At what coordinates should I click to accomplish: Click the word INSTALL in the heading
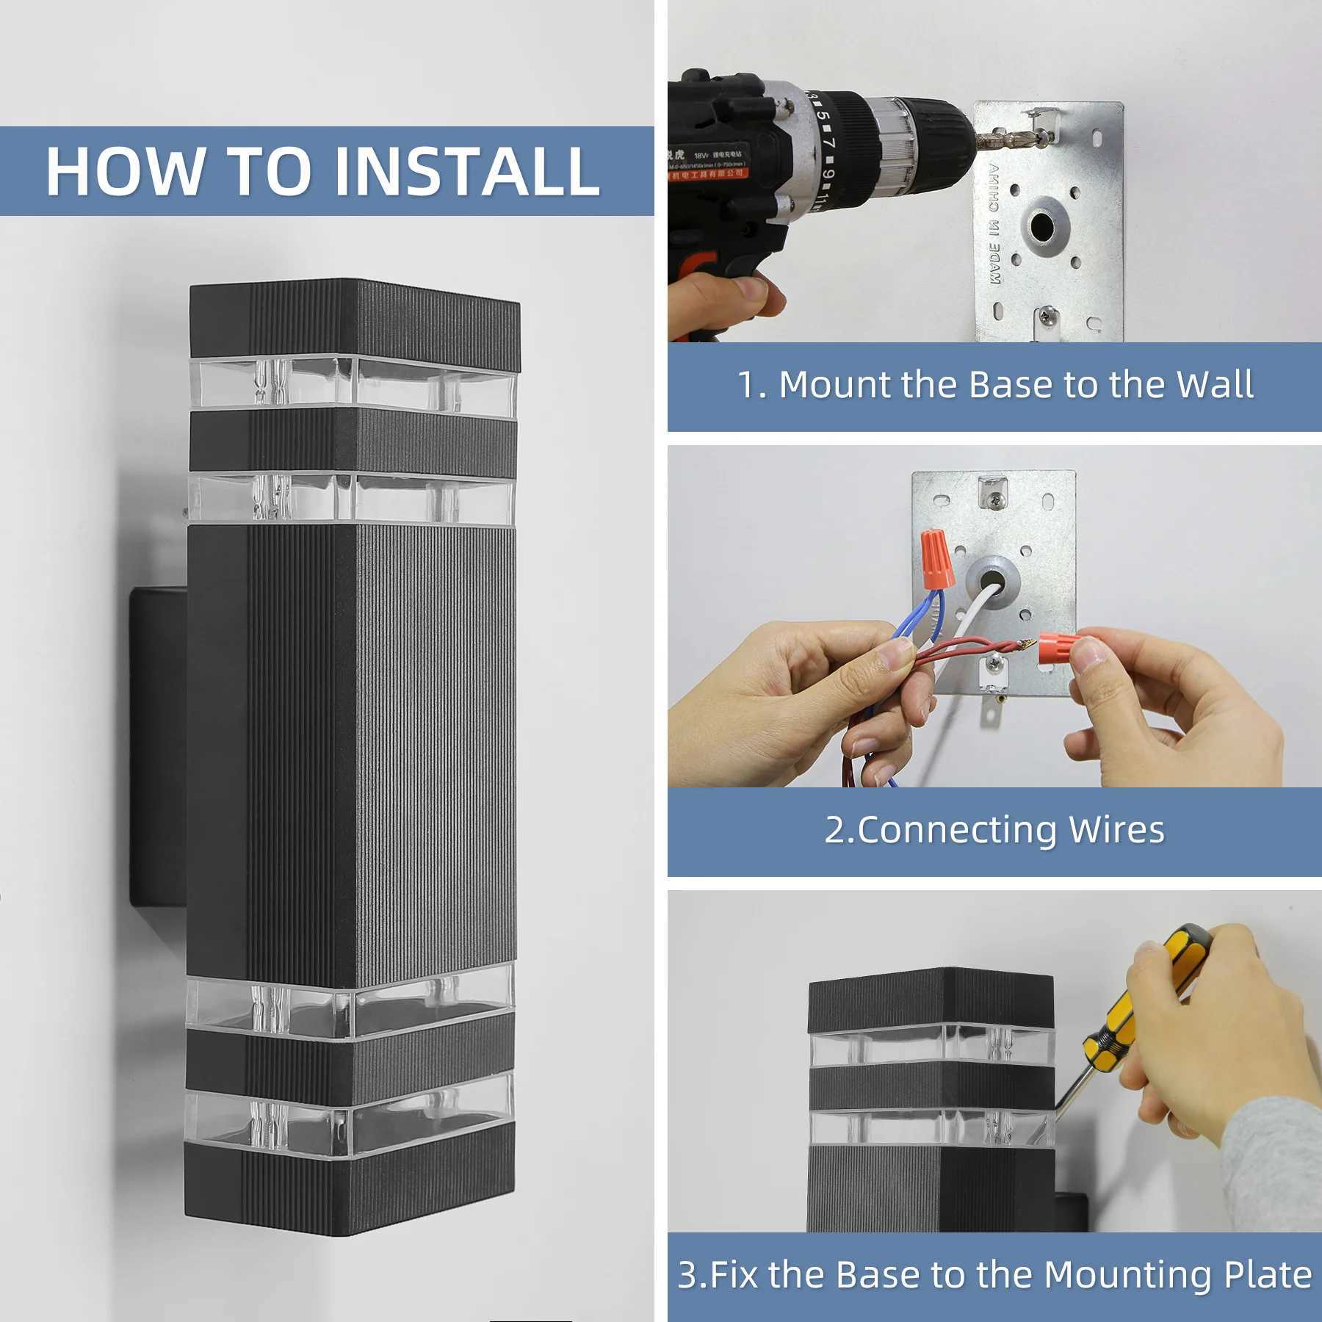[467, 171]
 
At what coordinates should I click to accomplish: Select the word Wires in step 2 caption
[1116, 830]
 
